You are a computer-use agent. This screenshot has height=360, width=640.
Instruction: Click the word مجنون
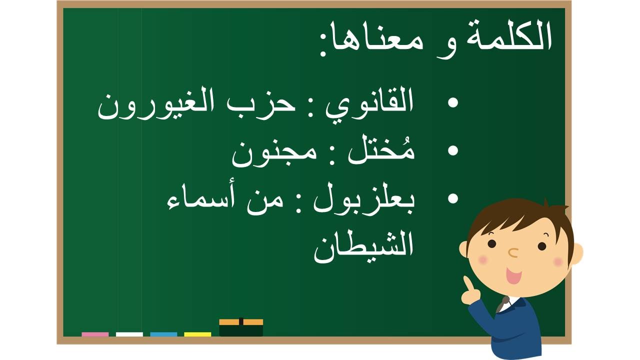click(x=274, y=155)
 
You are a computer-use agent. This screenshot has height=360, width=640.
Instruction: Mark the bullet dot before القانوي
click(x=453, y=103)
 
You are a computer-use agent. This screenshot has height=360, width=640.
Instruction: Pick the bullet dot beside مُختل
click(x=453, y=150)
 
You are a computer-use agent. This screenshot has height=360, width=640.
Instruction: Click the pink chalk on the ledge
click(x=95, y=334)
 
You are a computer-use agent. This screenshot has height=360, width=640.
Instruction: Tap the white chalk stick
click(x=129, y=334)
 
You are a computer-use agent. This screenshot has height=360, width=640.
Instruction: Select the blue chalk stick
click(x=163, y=334)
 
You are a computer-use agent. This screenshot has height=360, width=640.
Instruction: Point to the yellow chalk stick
click(x=197, y=334)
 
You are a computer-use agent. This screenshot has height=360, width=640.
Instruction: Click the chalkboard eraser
click(x=241, y=327)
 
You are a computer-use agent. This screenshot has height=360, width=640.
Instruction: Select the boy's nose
click(x=513, y=252)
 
